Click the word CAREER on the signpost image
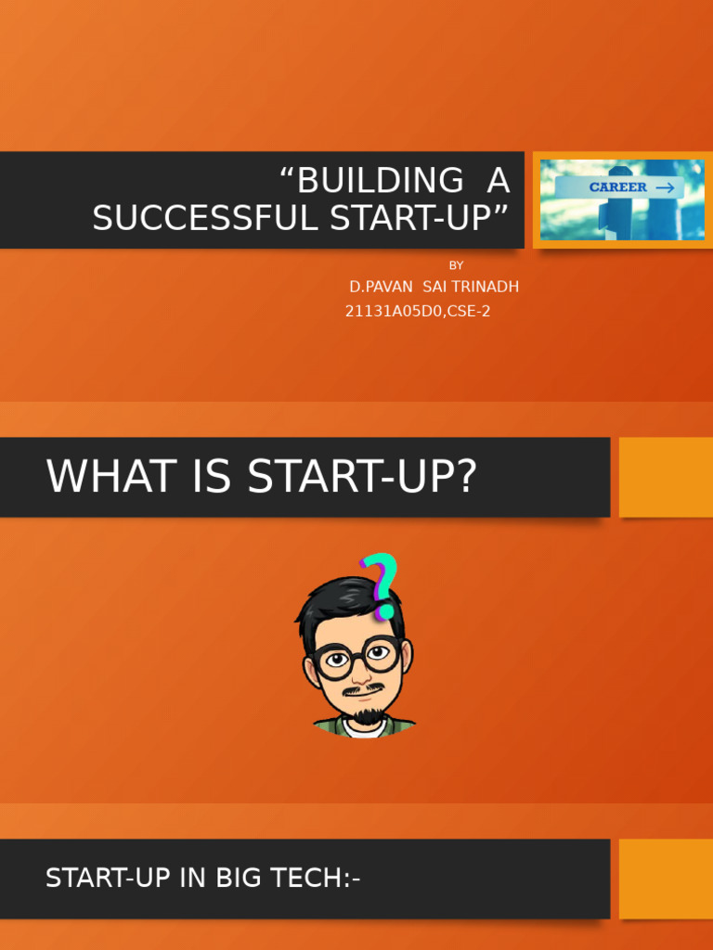pos(618,187)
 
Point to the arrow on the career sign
pos(665,187)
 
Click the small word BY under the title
pos(456,265)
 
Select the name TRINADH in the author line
pos(486,287)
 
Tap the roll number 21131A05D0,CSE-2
pos(418,312)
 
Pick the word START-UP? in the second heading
pos(362,477)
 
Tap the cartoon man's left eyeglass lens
pos(335,660)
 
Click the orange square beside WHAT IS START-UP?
pos(666,477)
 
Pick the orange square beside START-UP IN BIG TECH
pos(666,879)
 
